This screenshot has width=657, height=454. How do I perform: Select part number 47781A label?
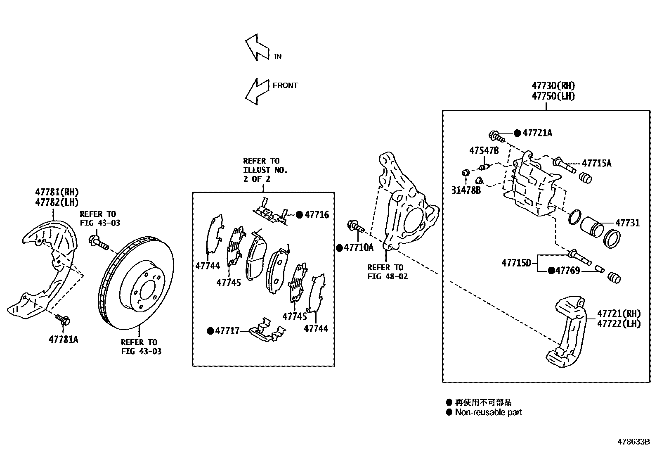point(63,340)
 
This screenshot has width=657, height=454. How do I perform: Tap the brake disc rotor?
point(137,283)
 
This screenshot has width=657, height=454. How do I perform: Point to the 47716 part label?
point(317,215)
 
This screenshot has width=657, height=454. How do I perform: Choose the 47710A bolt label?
point(358,247)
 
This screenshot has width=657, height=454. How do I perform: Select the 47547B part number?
point(484,150)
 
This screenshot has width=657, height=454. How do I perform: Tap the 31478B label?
point(466,191)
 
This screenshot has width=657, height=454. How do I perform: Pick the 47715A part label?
point(597,163)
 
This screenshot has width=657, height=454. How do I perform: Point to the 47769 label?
point(568,271)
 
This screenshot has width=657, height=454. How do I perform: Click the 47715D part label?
point(516,262)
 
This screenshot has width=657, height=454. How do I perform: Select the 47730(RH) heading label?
point(553,86)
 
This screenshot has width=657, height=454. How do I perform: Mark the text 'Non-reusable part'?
point(488,412)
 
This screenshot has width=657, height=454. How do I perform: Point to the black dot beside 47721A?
point(518,133)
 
